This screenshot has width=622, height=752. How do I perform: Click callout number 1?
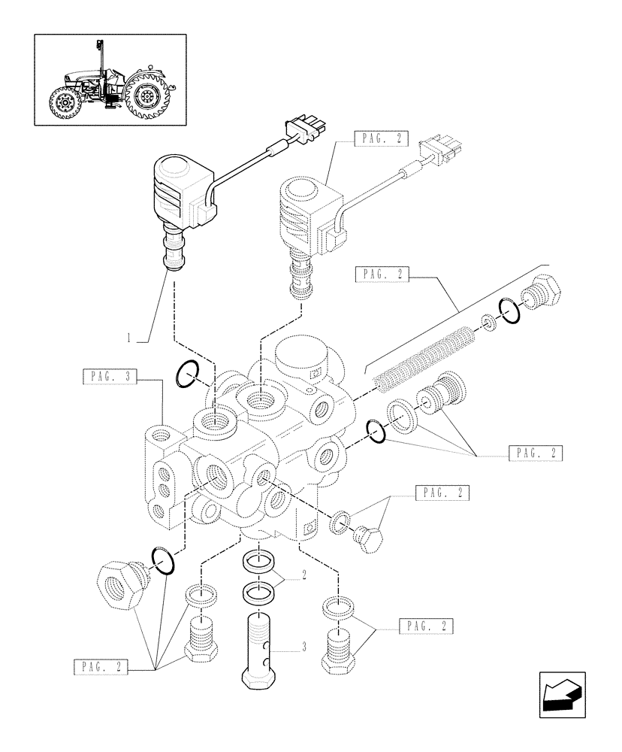tap(130, 339)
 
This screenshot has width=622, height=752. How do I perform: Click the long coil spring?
tap(426, 358)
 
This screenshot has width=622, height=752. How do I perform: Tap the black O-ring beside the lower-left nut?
tap(163, 559)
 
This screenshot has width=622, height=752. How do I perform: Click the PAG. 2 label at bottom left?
tap(101, 666)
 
